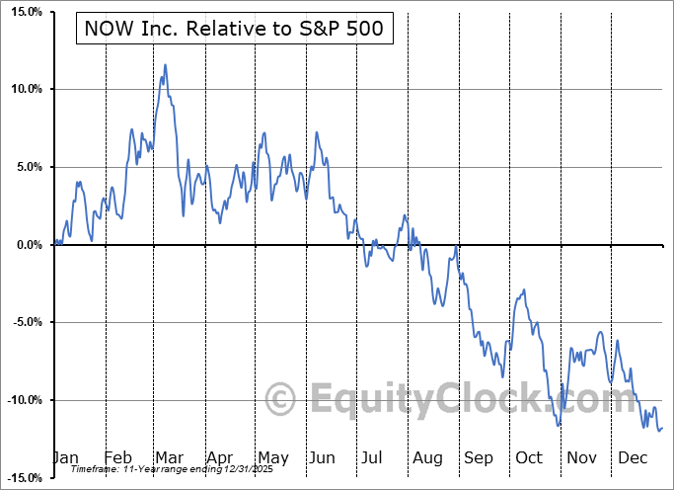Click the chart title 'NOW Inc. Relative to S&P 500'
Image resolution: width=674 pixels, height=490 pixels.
coord(235,31)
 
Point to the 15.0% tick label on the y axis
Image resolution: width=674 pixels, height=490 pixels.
coord(23,12)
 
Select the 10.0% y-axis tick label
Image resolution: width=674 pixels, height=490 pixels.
coord(23,89)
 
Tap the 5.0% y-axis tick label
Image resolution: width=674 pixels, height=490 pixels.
coord(26,167)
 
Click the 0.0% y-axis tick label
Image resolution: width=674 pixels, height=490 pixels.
coord(26,245)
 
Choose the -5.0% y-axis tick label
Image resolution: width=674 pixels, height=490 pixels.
coord(24,322)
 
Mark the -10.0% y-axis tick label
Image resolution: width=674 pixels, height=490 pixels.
coord(22,400)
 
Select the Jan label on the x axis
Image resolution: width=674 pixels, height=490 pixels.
coord(65,457)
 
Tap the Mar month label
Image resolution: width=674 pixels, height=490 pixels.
coord(170,457)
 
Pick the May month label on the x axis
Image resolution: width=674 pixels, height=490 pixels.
coord(273,457)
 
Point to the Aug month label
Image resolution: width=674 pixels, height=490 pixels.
coord(428,457)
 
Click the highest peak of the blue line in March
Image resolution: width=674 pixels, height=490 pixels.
coord(165,65)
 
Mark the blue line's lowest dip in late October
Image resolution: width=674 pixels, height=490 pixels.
coord(560,426)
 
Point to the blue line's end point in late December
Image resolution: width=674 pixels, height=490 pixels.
coord(661,428)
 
